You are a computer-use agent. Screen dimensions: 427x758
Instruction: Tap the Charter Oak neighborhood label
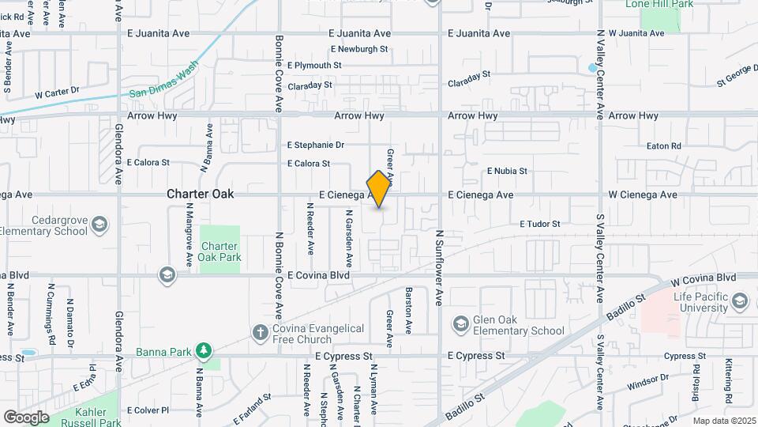tap(201, 194)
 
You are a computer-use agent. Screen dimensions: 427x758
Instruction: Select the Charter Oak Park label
tap(220, 251)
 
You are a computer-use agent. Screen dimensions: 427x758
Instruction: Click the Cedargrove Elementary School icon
tap(100, 225)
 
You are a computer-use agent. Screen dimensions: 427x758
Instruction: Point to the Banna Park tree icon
tap(204, 350)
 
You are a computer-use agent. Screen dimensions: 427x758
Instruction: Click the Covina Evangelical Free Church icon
tap(260, 332)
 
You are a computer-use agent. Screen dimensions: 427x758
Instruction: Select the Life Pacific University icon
tap(740, 301)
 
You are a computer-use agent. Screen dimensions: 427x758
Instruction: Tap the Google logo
tap(26, 417)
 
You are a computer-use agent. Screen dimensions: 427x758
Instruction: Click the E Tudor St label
tap(539, 224)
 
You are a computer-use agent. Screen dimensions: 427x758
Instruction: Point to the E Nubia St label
tap(507, 171)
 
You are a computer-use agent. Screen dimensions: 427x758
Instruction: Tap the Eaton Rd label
tap(663, 146)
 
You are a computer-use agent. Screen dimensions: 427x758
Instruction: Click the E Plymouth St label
tap(314, 66)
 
